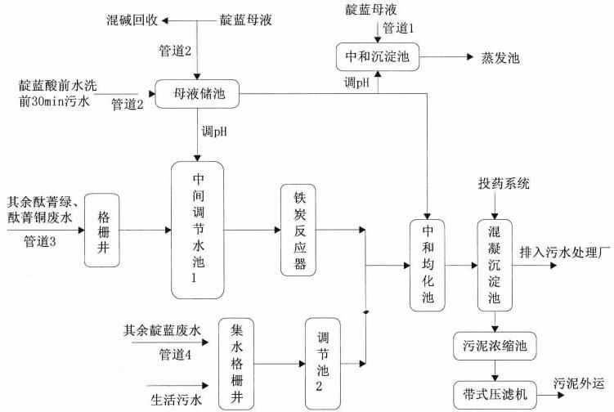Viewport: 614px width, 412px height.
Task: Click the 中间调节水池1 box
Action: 197,230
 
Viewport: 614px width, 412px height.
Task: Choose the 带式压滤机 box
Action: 495,391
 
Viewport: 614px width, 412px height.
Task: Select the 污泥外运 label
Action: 578,382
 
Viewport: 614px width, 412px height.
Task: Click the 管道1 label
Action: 400,29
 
